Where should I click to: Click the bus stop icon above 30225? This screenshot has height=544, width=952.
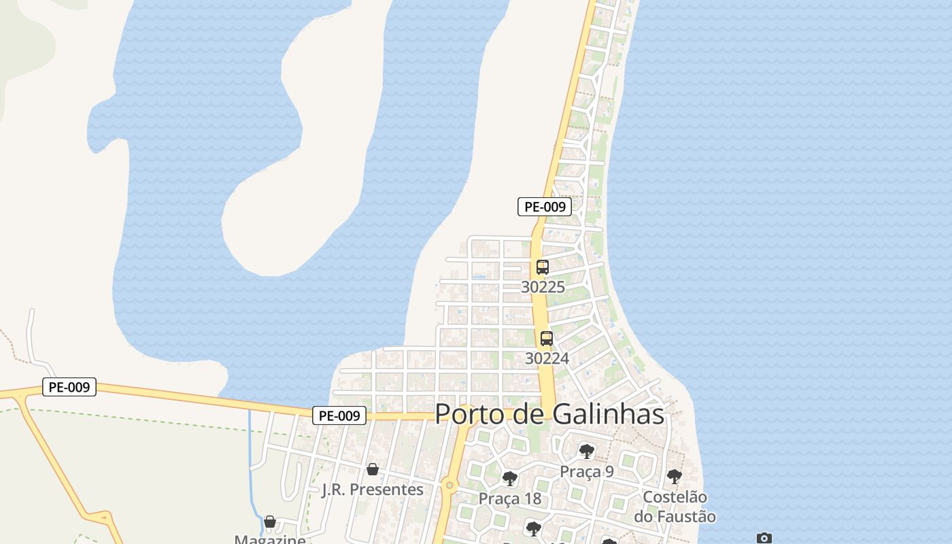(x=542, y=267)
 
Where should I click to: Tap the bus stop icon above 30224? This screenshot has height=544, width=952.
(x=546, y=338)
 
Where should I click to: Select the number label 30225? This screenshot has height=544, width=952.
(x=543, y=287)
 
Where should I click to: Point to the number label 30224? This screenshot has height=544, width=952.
(x=547, y=358)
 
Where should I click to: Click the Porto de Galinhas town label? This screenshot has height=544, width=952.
(x=549, y=413)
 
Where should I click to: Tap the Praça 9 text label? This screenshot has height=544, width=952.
(x=586, y=471)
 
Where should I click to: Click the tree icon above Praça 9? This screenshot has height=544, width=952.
(x=586, y=451)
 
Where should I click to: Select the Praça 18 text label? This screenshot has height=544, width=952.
(x=510, y=498)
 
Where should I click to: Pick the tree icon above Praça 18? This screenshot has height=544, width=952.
(x=510, y=479)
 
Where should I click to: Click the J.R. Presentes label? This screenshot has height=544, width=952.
(x=372, y=490)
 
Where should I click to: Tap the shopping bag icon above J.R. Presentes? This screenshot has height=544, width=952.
(x=372, y=469)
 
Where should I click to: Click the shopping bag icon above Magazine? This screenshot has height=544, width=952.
(x=270, y=522)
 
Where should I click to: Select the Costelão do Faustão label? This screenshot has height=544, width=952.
(x=675, y=507)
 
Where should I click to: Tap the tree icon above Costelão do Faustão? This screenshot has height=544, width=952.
(x=674, y=476)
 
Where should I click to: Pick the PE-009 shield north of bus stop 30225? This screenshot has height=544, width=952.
(x=544, y=207)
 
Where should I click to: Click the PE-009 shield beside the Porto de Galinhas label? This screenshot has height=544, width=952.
(x=339, y=415)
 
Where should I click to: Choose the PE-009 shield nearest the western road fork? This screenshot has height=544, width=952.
(x=69, y=387)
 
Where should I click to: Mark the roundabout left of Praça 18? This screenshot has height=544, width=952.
(x=449, y=485)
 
